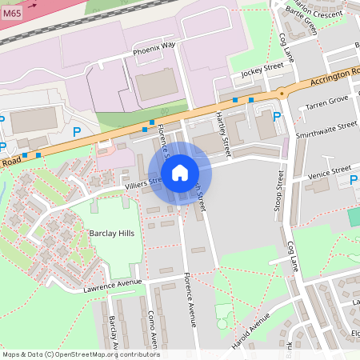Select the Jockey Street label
pos(262,70)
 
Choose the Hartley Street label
pos(223,134)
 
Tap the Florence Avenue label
pos(190,302)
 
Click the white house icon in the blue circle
pos(180,172)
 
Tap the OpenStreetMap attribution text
pos(80,354)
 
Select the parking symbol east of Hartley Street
pos(277,117)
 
